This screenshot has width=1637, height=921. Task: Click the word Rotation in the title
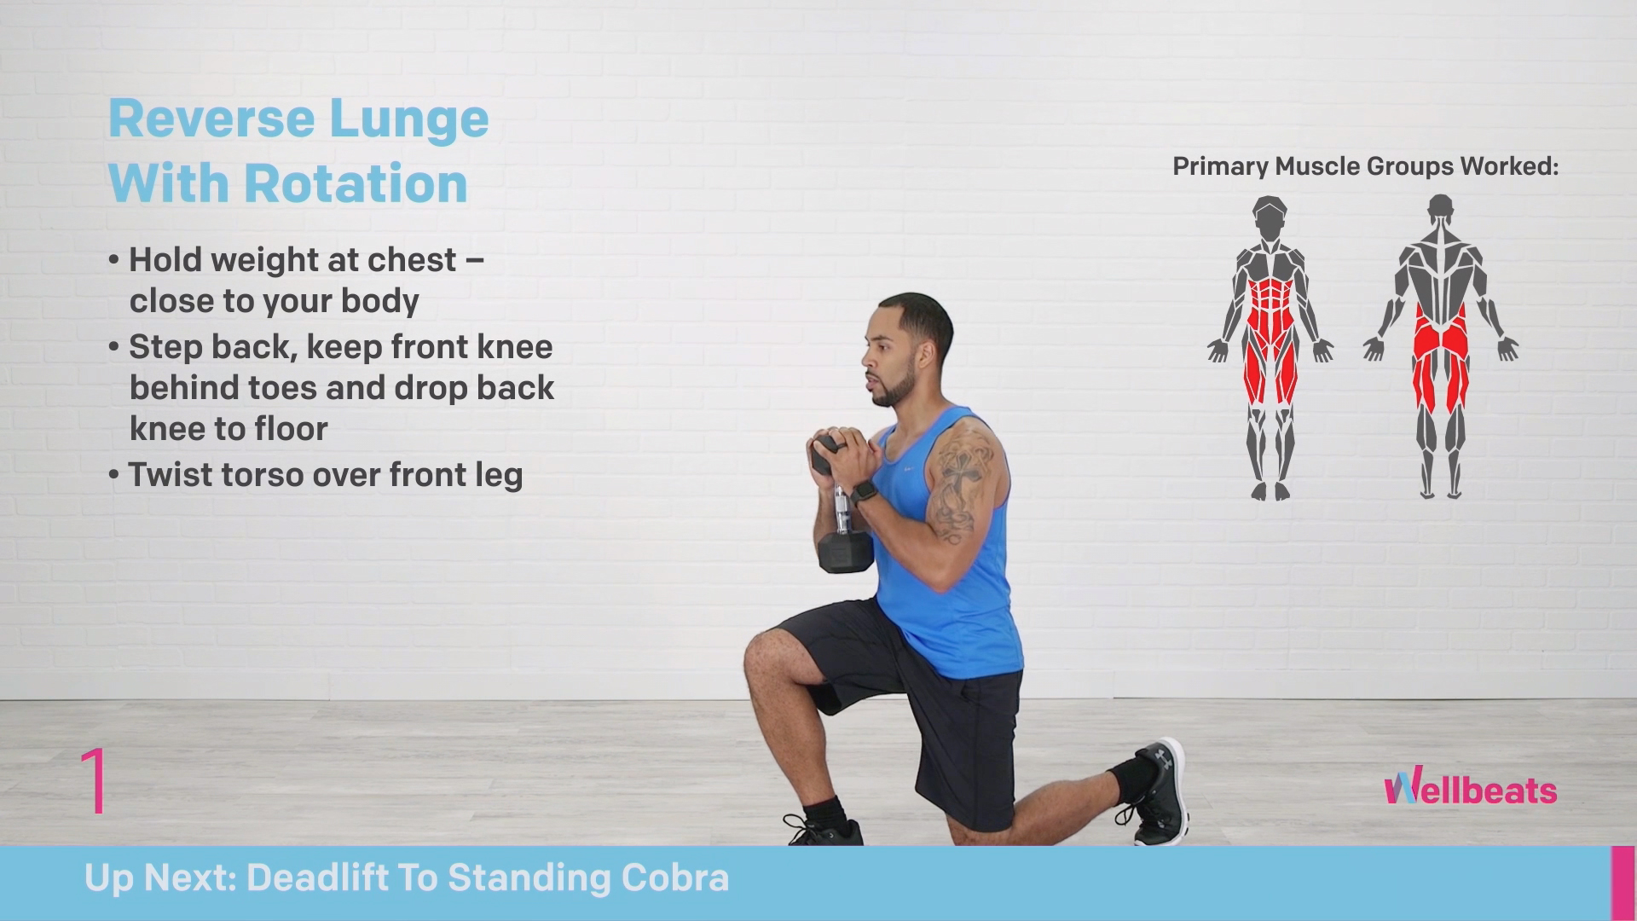[356, 182]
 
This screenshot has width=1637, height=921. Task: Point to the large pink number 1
[94, 780]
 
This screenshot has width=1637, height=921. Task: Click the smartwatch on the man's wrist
[862, 493]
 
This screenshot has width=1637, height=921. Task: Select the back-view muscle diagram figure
[1441, 346]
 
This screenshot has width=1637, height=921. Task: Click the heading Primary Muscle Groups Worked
[1365, 166]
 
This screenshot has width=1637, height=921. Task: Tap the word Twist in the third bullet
[171, 474]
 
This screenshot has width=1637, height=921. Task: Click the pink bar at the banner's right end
[1622, 884]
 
